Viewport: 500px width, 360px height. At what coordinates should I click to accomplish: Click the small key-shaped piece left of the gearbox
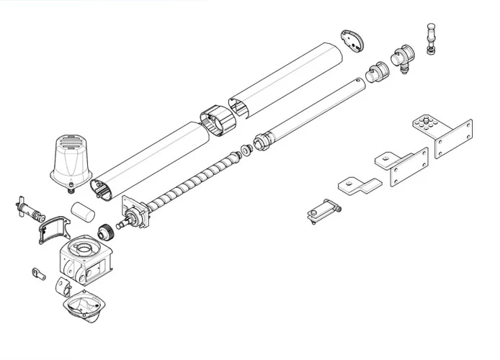click(38, 274)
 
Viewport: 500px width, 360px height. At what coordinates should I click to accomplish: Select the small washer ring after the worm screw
click(246, 150)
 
